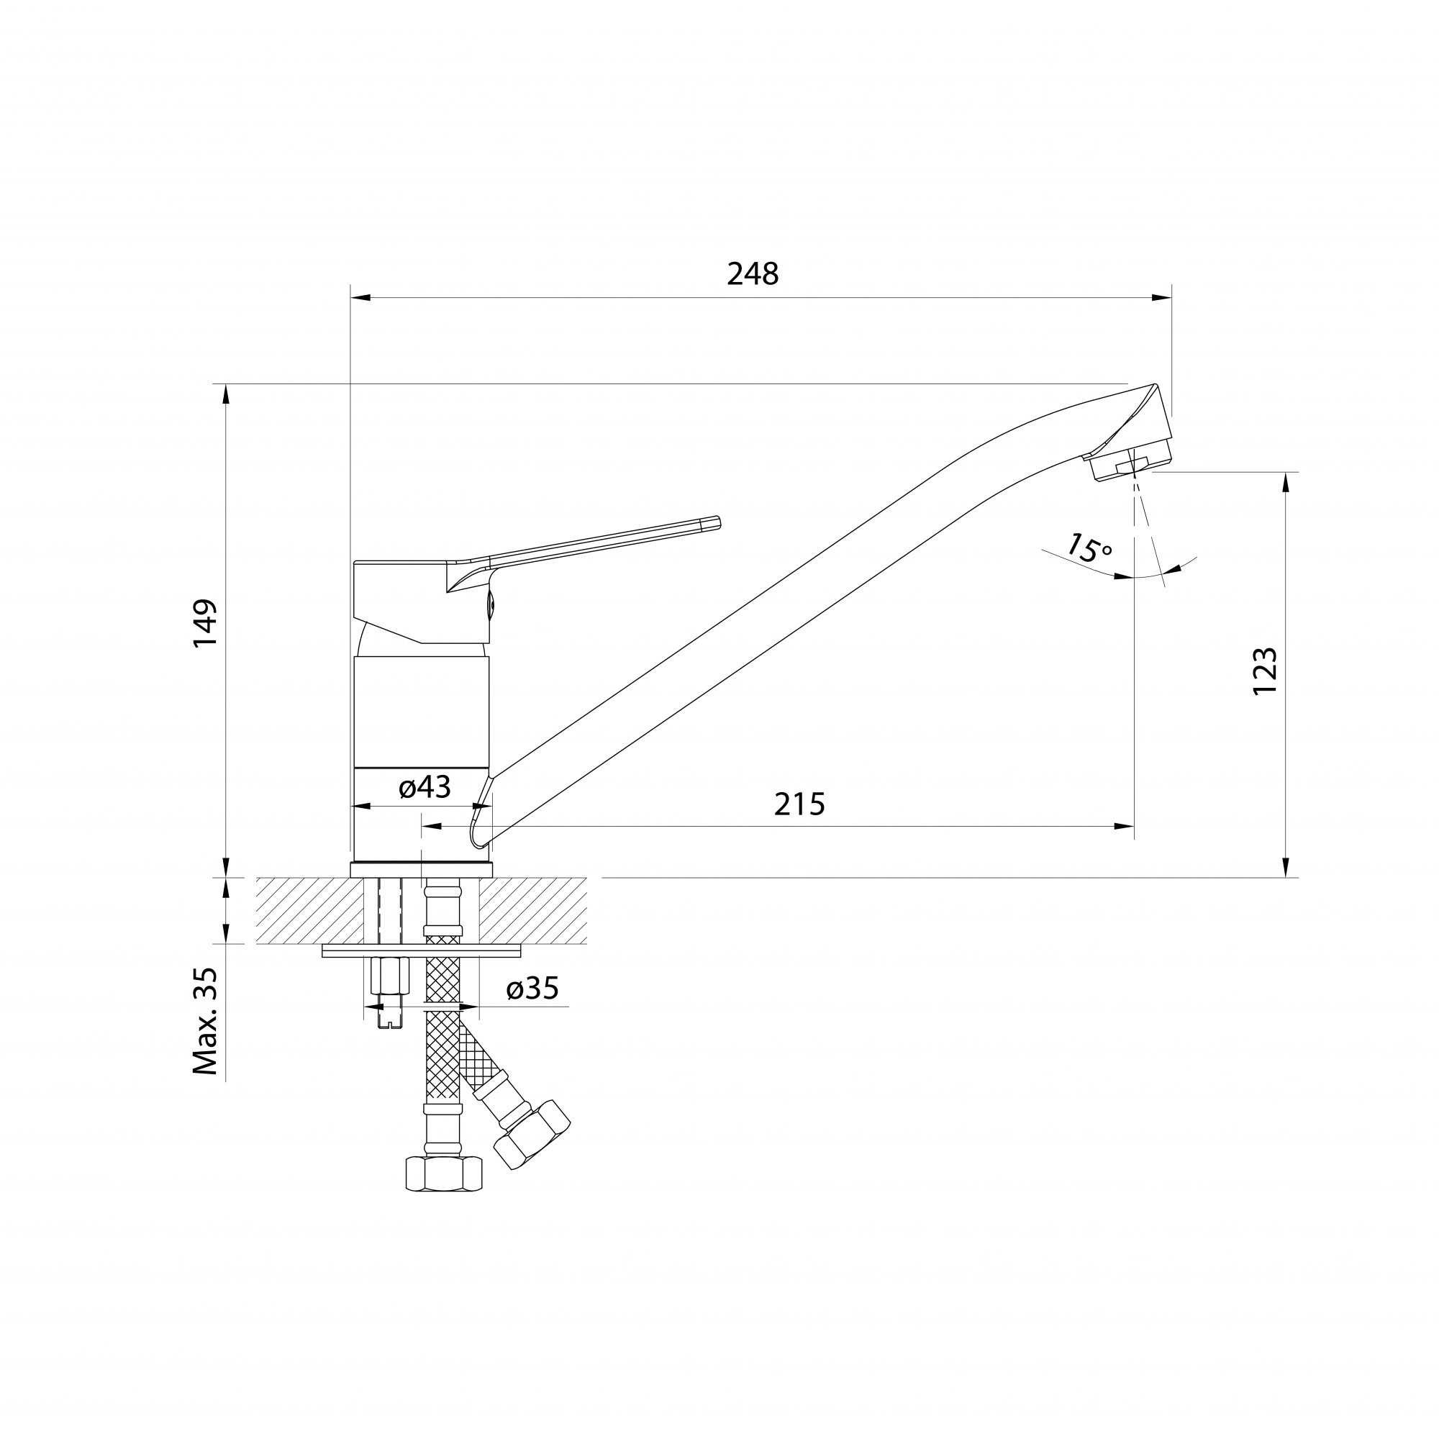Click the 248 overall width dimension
(753, 274)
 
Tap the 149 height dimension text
(205, 622)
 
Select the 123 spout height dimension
(1266, 671)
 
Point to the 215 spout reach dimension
(800, 804)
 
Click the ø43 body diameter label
(425, 786)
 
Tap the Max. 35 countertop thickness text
(205, 1020)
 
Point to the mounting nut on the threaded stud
(389, 976)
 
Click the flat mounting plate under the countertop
(422, 951)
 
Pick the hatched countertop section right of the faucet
(532, 911)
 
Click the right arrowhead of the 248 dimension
(1162, 298)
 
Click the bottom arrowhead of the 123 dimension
(1286, 867)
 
